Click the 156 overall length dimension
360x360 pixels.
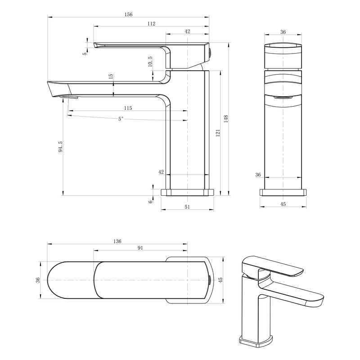coord(128,14)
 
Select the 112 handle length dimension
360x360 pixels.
coord(151,24)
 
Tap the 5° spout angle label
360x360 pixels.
coord(121,119)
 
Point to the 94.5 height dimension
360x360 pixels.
coord(60,147)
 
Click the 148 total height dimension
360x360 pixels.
coord(226,119)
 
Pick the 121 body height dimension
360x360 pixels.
coord(218,133)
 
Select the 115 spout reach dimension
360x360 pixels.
coord(128,108)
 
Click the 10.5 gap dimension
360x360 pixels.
coord(150,62)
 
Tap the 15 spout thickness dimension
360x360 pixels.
coord(111,76)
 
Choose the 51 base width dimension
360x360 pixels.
coord(187,207)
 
